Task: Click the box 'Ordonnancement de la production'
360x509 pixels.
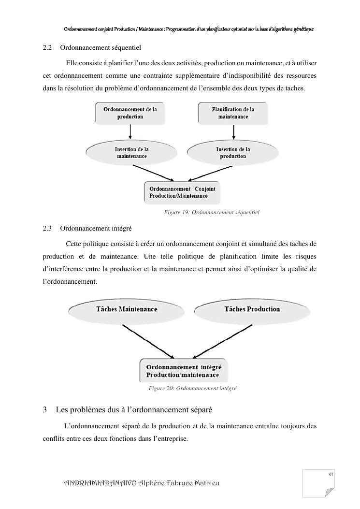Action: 130,113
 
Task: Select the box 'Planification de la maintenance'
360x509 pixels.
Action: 233,113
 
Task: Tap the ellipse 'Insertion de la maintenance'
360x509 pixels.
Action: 131,153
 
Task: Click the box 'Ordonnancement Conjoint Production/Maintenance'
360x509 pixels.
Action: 182,192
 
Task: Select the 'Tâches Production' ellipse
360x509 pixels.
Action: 245,309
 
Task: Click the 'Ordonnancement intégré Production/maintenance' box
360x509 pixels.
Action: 184,371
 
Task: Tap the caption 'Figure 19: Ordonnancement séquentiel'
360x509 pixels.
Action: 212,213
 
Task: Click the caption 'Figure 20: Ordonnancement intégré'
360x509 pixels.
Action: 192,388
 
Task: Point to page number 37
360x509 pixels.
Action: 331,475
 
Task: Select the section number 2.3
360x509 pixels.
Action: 47,228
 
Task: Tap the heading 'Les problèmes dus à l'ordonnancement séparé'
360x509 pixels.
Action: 134,410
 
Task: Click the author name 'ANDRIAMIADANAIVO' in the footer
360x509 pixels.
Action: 100,484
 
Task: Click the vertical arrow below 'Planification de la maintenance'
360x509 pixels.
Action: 233,131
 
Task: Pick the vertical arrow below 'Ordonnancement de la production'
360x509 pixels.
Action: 130,131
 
